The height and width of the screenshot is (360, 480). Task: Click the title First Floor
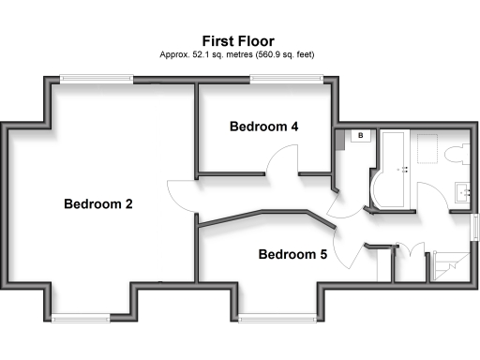coord(240,40)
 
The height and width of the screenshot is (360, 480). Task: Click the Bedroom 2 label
coord(97,204)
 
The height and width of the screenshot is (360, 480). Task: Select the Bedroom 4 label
coord(263,127)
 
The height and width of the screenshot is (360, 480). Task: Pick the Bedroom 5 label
coord(292,254)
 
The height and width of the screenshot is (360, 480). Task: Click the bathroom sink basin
coord(460,192)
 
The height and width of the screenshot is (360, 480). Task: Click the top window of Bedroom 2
coord(91,80)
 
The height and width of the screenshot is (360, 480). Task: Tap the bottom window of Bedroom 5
coord(276,318)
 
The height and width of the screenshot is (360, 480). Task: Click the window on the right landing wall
coord(474,228)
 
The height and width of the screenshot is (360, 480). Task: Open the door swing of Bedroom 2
coord(181,195)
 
